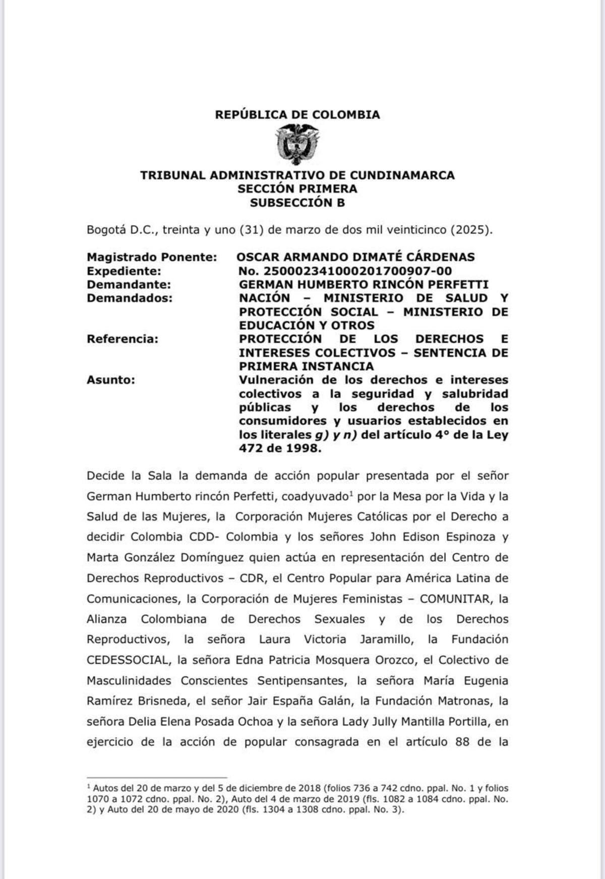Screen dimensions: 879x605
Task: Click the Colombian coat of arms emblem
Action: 297,145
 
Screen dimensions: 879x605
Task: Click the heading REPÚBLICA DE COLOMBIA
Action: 297,115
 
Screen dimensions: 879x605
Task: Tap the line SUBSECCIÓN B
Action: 297,203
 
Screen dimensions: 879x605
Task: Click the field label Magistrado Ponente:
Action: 152,257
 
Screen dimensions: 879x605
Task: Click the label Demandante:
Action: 129,284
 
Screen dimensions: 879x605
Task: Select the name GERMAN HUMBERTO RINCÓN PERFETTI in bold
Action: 364,284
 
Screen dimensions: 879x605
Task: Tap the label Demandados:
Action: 130,298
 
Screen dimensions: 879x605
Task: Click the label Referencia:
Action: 123,339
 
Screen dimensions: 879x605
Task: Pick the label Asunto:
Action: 111,380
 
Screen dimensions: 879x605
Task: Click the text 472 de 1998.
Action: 280,448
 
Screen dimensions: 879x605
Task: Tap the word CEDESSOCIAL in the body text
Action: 128,660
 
